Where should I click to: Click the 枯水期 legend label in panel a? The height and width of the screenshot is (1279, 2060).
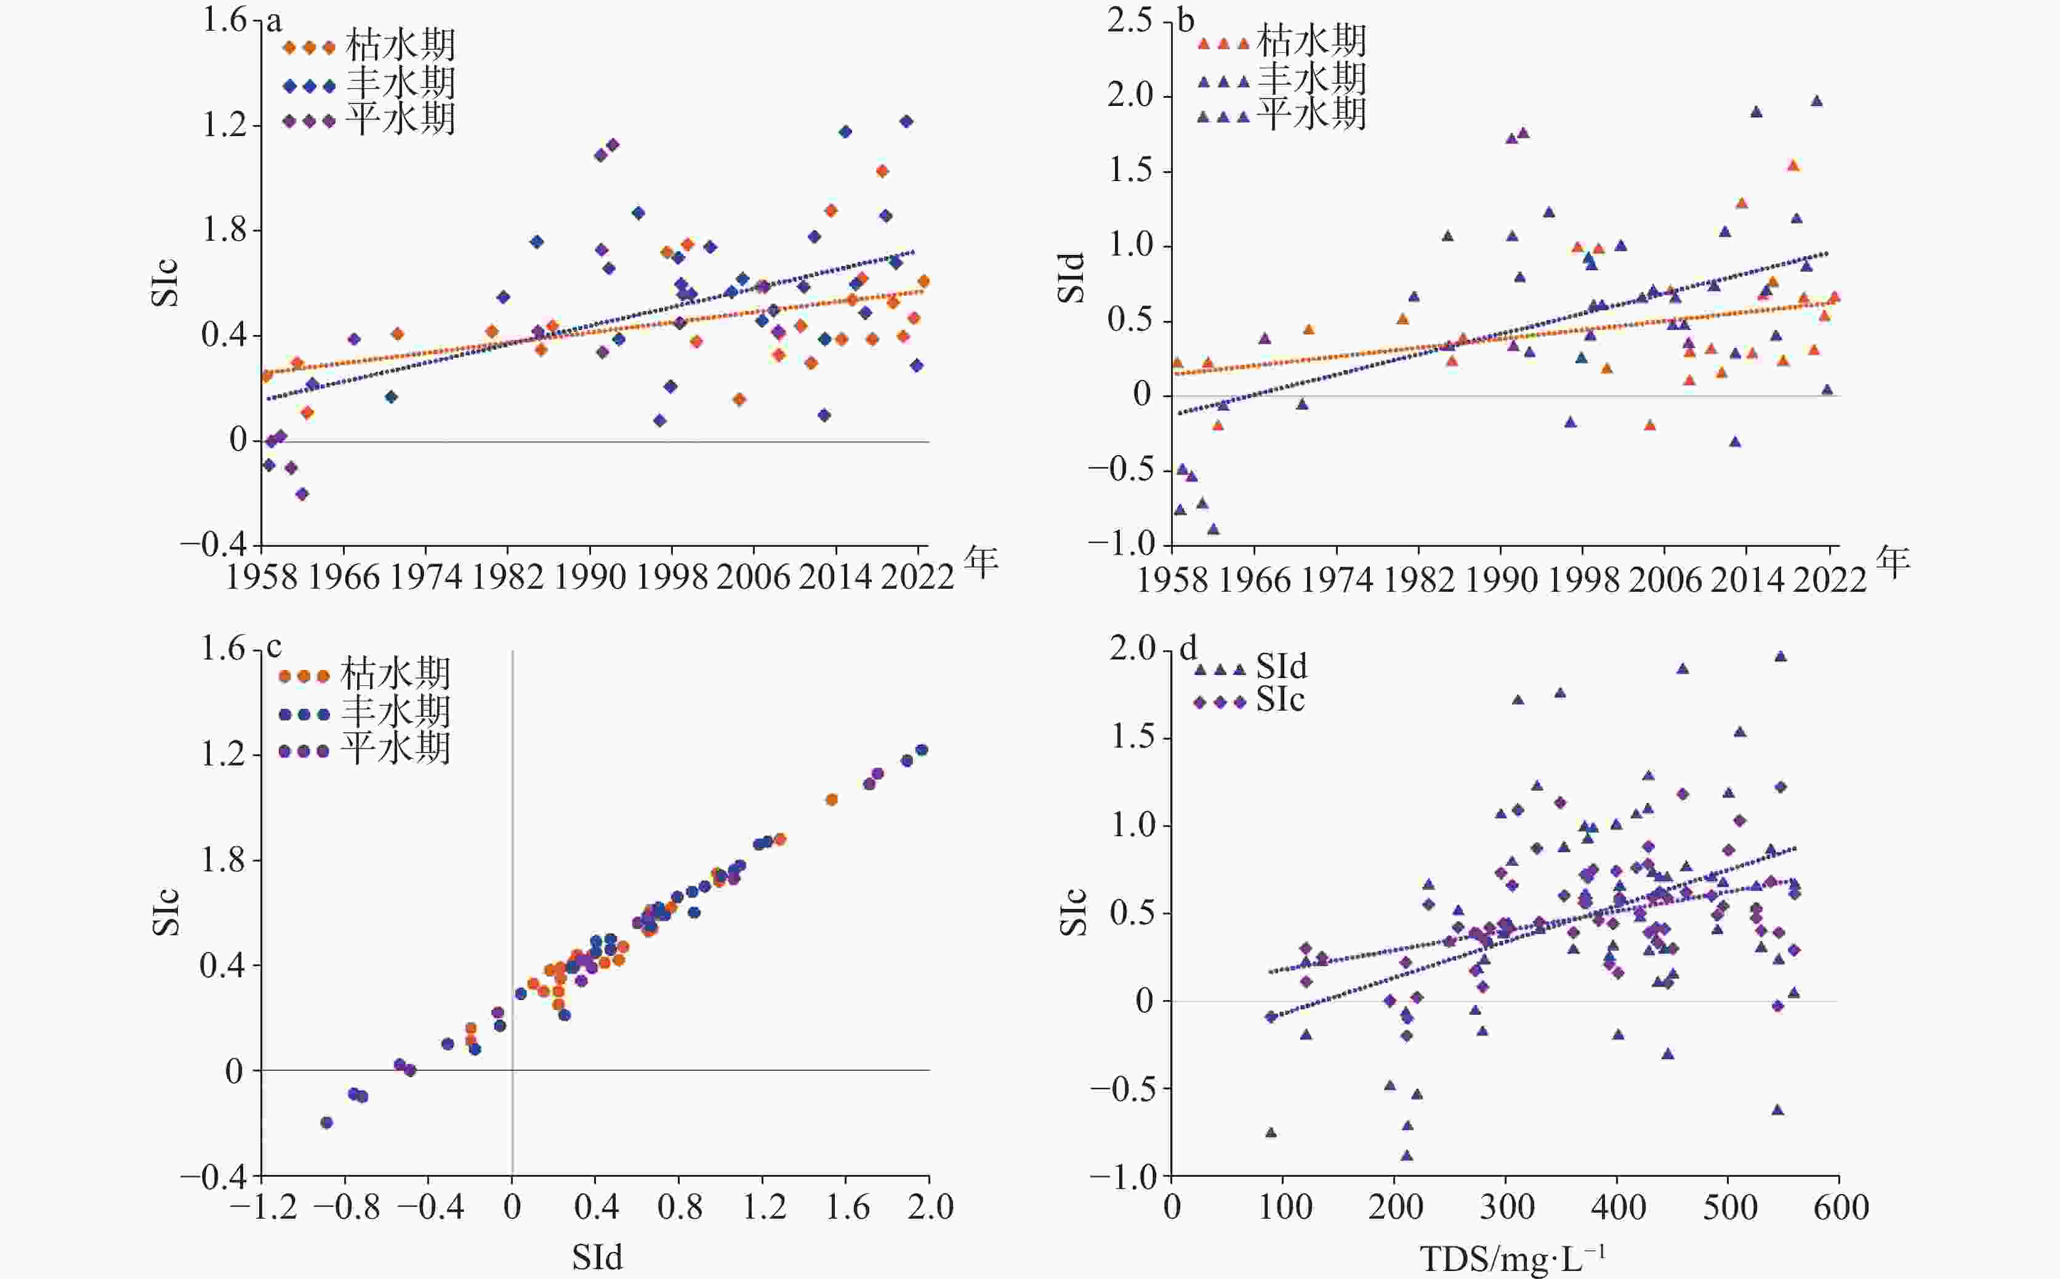point(401,46)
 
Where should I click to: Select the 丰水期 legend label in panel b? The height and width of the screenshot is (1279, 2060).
point(1311,78)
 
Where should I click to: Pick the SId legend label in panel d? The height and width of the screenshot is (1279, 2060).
point(1281,666)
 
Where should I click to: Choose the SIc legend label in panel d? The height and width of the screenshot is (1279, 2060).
point(1281,700)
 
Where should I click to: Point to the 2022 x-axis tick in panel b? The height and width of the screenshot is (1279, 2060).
point(1829,579)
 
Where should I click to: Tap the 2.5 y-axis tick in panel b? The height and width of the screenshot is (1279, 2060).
point(1130,20)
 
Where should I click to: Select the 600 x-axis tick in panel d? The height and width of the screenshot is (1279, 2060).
point(1840,1206)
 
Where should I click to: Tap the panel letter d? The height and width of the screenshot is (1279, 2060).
point(1188,649)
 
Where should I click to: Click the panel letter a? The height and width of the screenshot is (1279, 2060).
point(273,21)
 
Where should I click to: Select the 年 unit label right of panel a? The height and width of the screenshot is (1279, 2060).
point(981,562)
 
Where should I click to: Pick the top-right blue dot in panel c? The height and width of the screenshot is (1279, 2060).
point(922,750)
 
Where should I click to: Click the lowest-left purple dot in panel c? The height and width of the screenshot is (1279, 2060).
point(326,1123)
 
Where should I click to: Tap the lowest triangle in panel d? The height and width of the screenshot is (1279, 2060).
point(1406,1155)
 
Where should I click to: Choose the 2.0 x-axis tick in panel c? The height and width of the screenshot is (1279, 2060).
point(930,1206)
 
